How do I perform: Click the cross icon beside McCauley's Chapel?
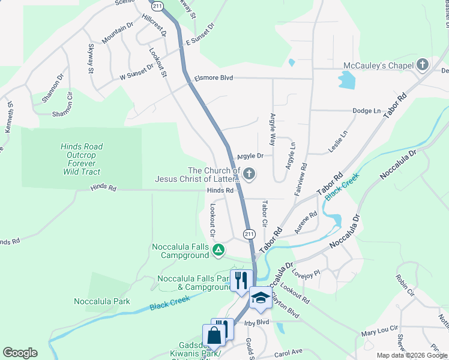coord(423,65)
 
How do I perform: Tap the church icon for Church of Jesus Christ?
coord(249,175)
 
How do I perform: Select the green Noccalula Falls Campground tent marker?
coord(219,249)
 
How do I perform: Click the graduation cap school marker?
coord(261,298)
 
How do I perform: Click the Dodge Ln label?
coord(367,111)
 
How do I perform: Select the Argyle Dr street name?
coord(250,156)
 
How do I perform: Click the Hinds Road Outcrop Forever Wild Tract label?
coord(82,159)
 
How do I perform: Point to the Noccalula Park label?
coord(102,301)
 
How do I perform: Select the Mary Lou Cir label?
coord(379,331)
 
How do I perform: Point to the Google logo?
coord(20,353)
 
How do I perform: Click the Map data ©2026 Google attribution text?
coord(412,355)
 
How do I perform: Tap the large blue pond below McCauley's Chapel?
coord(346,79)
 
